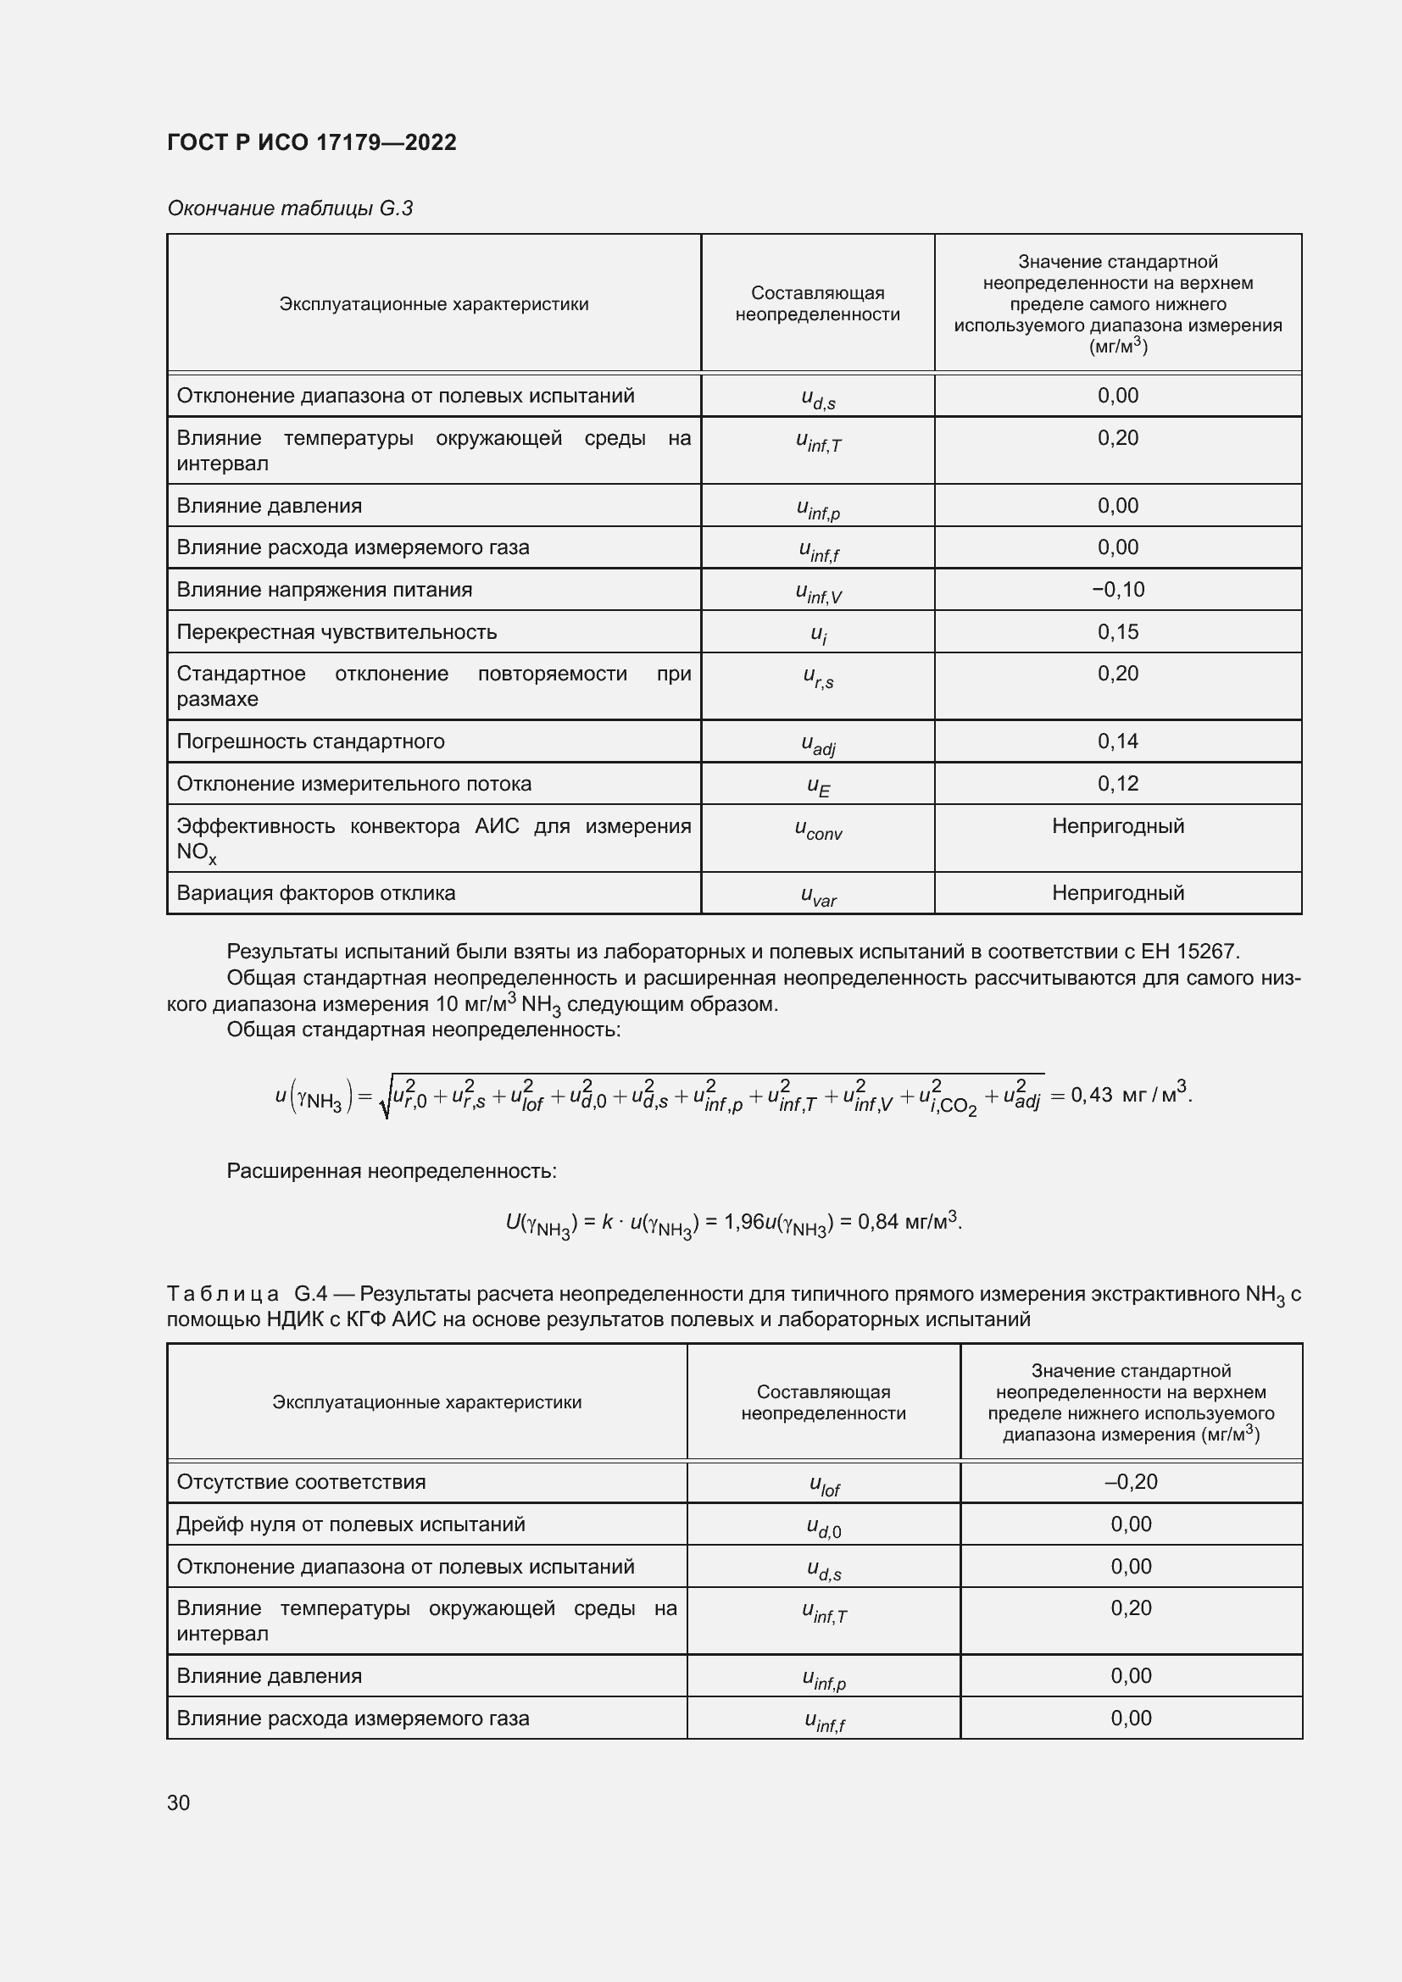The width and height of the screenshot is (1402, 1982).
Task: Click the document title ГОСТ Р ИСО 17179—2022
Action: click(x=311, y=142)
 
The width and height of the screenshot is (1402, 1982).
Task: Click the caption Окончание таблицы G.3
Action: click(x=289, y=208)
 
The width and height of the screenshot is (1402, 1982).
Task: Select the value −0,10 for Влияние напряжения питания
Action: click(x=1117, y=590)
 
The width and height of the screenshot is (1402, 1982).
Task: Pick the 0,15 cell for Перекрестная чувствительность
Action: click(x=1117, y=632)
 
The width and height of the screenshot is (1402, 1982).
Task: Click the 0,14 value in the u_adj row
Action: click(x=1117, y=741)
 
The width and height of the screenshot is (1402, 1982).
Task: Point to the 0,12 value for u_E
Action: click(x=1117, y=783)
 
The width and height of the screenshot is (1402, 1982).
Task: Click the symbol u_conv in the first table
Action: click(x=817, y=830)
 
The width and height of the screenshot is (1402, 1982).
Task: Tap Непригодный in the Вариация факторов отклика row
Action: click(x=1117, y=892)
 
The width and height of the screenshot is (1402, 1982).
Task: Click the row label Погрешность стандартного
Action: click(x=310, y=741)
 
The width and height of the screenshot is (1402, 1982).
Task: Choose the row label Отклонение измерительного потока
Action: click(x=354, y=784)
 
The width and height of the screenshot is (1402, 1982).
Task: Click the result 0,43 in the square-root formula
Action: click(x=1091, y=1095)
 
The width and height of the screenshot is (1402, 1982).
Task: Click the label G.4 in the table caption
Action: click(x=310, y=1293)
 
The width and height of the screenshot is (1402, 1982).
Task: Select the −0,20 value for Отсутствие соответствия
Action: click(x=1130, y=1481)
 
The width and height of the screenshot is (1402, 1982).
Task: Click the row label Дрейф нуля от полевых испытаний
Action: click(x=351, y=1524)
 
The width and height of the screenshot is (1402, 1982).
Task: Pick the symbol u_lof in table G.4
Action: click(x=824, y=1485)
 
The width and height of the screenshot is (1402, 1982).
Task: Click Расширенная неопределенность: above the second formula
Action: click(x=391, y=1170)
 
